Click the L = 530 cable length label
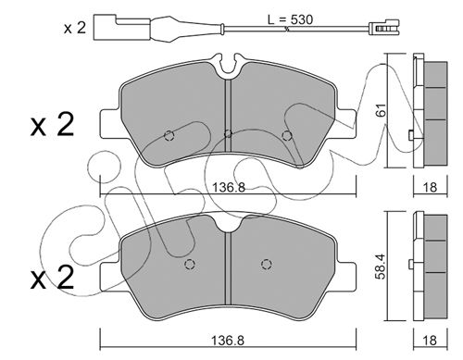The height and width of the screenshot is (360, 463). (x=290, y=19)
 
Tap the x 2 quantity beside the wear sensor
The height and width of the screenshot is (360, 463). (x=74, y=28)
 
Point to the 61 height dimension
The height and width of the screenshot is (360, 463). (x=382, y=110)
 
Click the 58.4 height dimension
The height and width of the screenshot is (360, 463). (x=382, y=267)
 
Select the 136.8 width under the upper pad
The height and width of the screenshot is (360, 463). (x=229, y=187)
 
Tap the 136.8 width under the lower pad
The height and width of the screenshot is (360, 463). (x=228, y=341)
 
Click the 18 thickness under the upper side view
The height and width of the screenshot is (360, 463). (x=431, y=187)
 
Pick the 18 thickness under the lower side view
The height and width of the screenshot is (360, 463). (x=431, y=341)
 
